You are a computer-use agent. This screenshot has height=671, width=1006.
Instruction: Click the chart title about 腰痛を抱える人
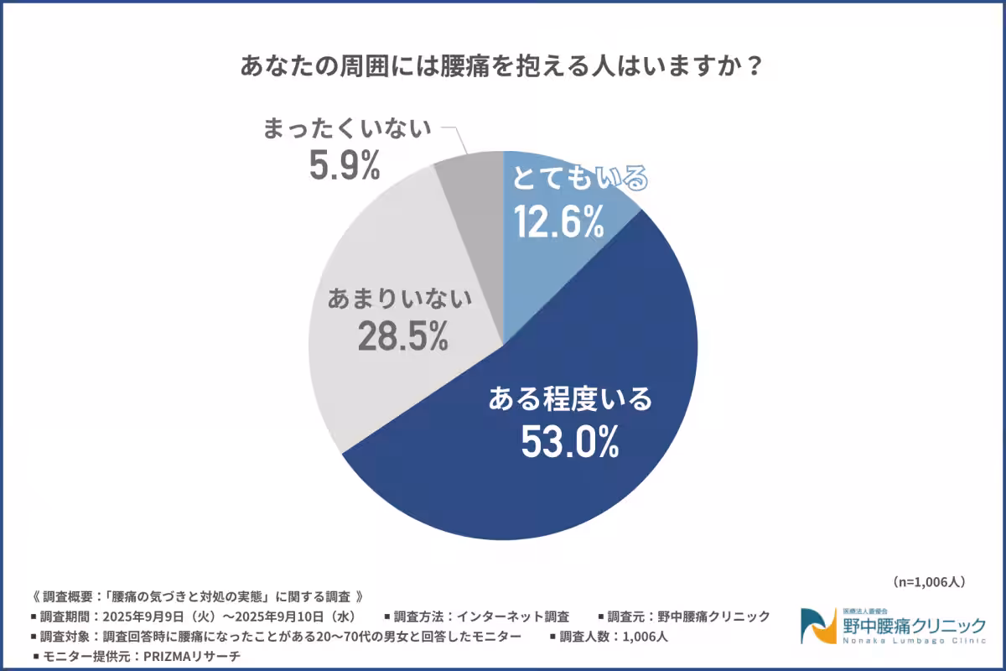(x=502, y=67)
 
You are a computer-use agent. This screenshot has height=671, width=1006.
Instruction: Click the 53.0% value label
(x=569, y=441)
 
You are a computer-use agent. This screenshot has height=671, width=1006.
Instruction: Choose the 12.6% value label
(x=557, y=222)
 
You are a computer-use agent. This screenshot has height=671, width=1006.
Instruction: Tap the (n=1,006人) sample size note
(x=930, y=580)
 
